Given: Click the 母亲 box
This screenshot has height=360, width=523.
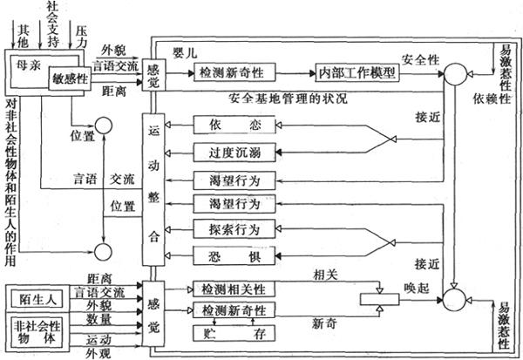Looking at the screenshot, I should point(28,68).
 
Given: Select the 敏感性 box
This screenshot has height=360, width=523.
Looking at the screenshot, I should point(69,78).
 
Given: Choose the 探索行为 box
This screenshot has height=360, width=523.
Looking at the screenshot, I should point(225,230).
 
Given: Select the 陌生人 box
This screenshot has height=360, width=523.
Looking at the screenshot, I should point(37,298).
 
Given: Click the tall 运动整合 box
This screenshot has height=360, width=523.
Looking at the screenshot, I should point(153,190).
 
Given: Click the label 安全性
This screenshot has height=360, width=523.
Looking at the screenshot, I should point(419,59).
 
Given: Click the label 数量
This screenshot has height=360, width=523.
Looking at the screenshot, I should point(98,319).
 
